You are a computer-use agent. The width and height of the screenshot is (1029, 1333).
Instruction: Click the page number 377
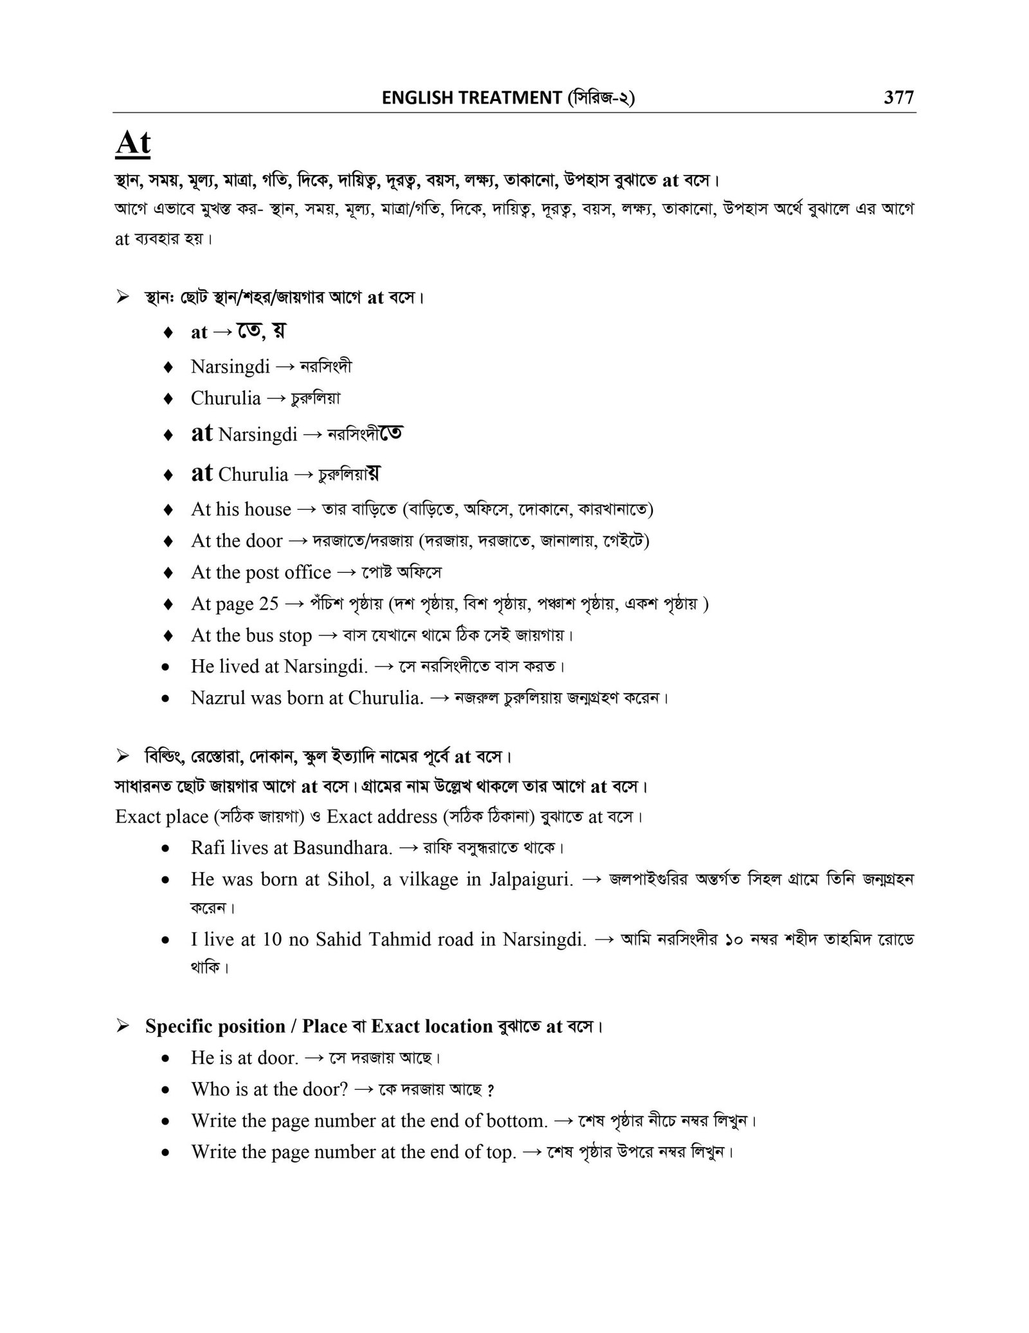click(898, 97)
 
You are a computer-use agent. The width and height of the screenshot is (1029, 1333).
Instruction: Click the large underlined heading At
click(133, 143)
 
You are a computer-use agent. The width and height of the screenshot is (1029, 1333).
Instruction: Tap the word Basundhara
click(342, 848)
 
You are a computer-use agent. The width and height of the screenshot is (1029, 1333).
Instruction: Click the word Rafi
click(205, 848)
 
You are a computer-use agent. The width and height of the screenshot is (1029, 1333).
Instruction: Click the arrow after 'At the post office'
click(346, 572)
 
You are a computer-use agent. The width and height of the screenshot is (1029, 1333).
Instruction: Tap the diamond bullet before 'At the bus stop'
click(167, 635)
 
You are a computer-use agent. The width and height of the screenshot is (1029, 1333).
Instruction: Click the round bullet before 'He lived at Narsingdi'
click(167, 667)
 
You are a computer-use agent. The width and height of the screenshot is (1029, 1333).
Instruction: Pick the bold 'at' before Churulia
click(202, 473)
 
